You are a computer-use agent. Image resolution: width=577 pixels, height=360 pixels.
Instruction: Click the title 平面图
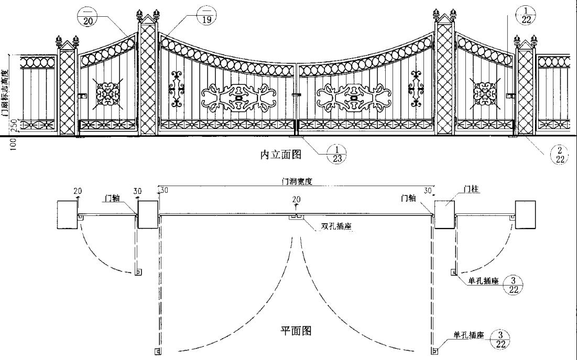(x=297, y=331)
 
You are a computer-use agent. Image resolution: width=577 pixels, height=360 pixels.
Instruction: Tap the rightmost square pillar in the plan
(x=526, y=214)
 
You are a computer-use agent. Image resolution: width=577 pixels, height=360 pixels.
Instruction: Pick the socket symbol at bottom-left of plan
(x=157, y=351)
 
